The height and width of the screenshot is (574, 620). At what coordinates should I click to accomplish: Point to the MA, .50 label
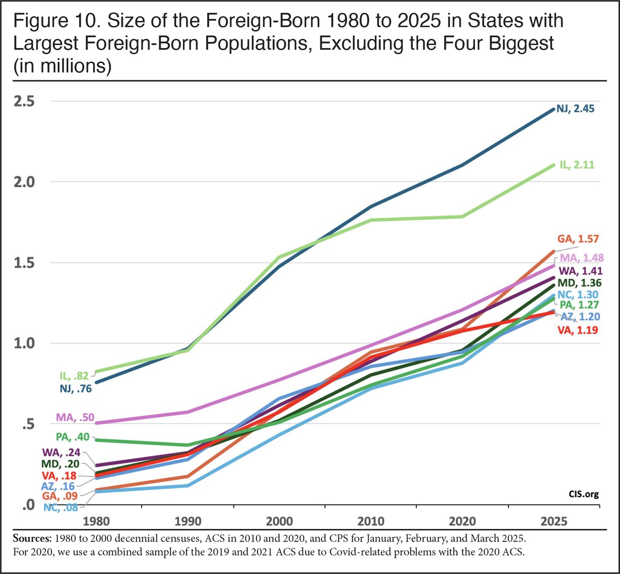(72, 417)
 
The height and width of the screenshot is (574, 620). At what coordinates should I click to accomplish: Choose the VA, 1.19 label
(578, 329)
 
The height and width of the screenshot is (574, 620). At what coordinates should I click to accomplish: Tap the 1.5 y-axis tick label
(24, 262)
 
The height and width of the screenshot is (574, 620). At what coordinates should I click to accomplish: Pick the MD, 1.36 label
(579, 283)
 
